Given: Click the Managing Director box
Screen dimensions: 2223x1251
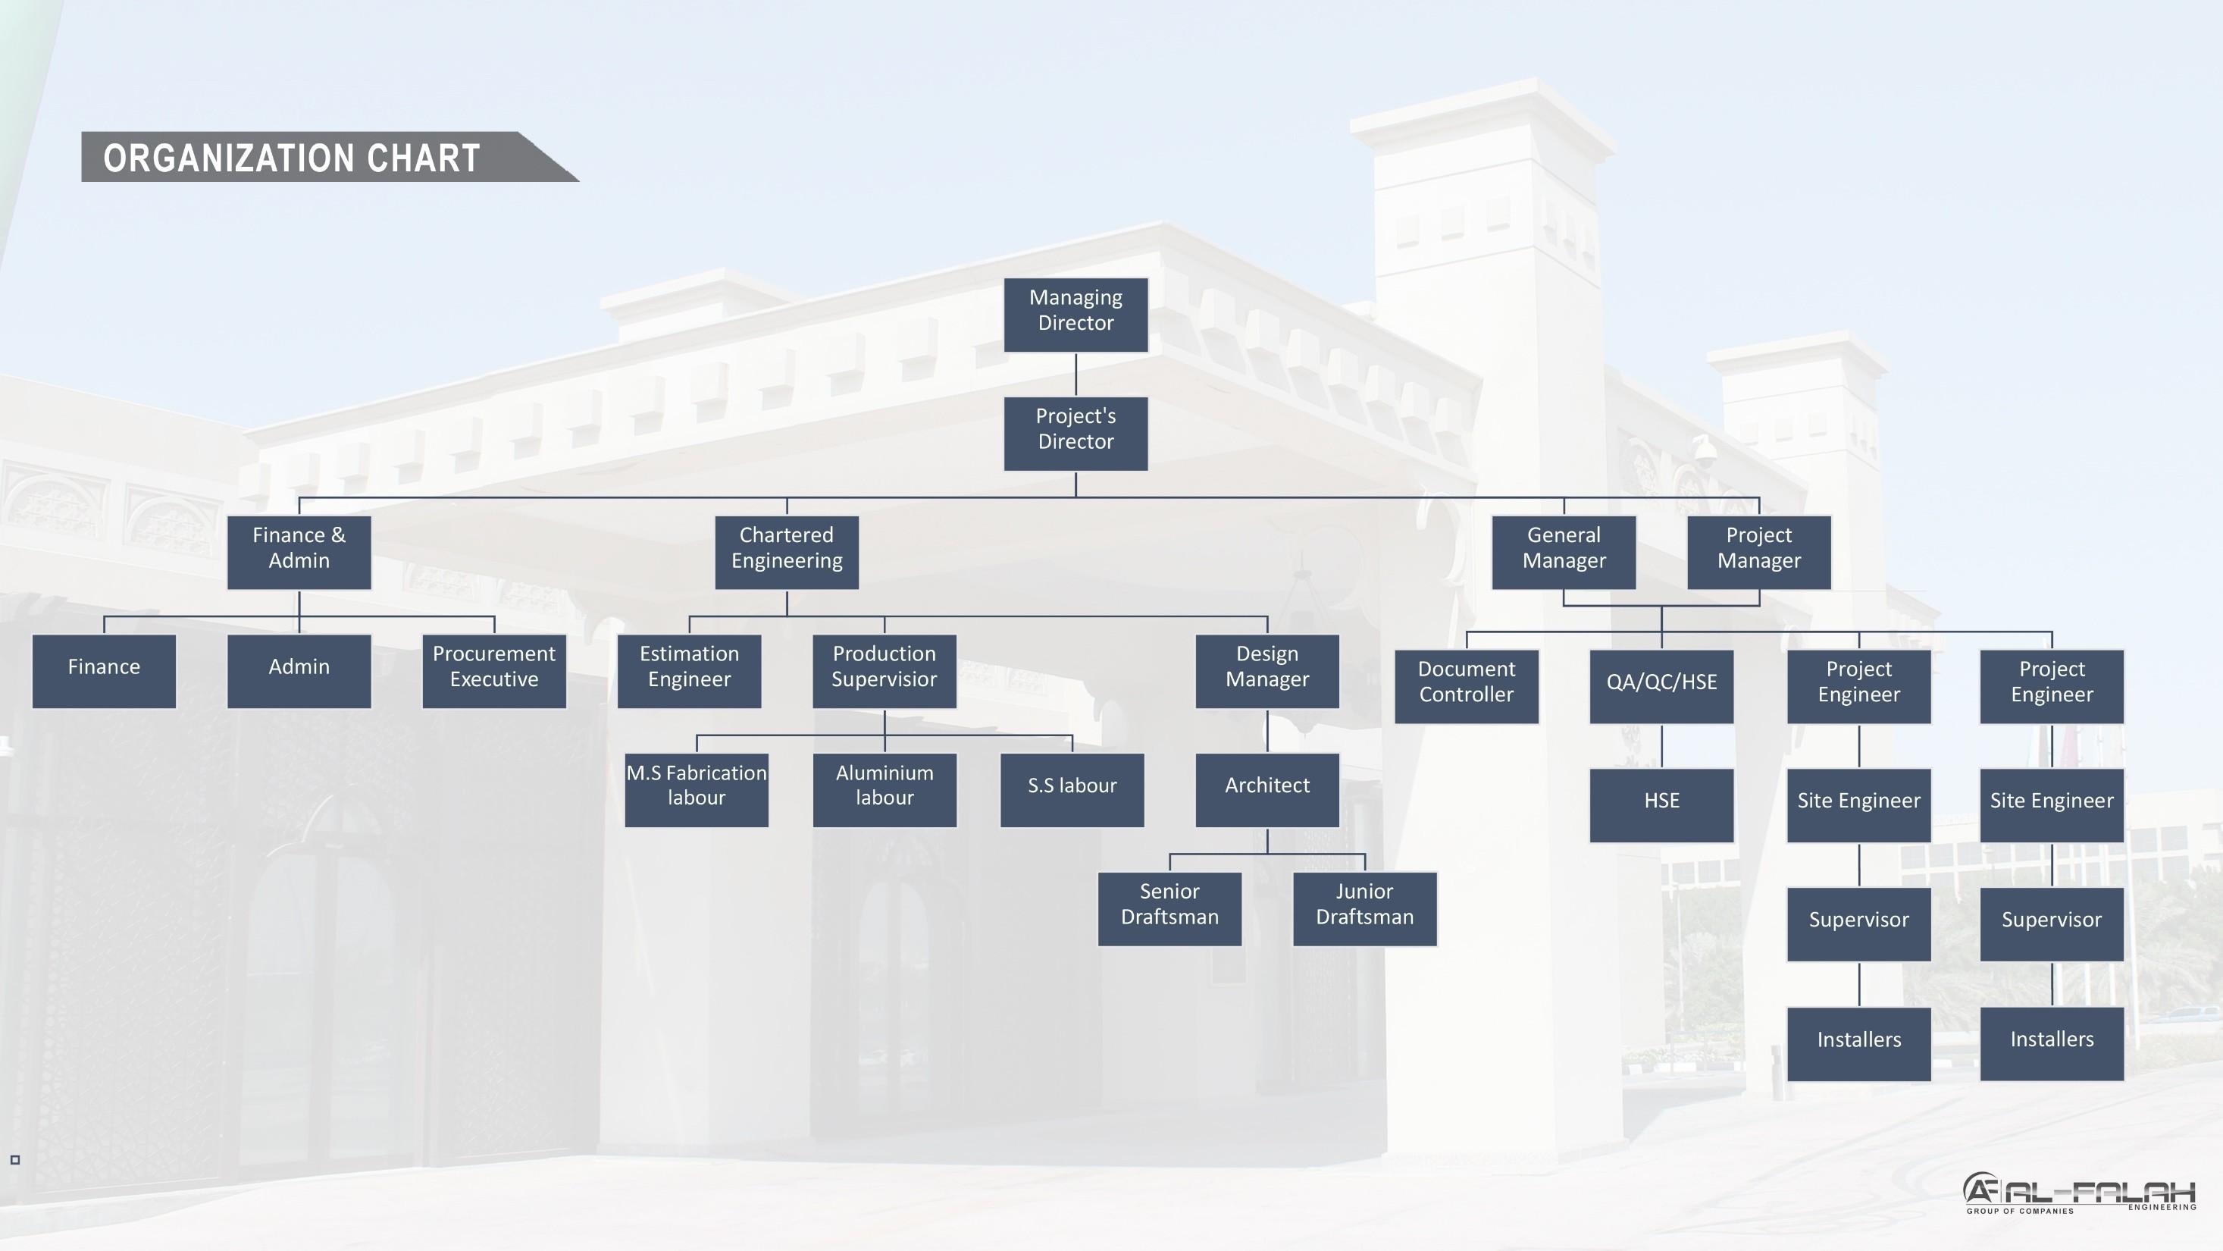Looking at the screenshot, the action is pyautogui.click(x=1075, y=314).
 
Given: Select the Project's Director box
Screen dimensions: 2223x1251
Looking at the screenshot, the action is pyautogui.click(x=1075, y=434).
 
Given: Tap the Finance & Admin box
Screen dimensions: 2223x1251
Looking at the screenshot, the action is pyautogui.click(x=299, y=553).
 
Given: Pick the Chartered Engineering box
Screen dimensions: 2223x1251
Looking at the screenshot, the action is pyautogui.click(x=786, y=553).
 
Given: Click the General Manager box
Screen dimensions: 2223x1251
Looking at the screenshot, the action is pyautogui.click(x=1564, y=553).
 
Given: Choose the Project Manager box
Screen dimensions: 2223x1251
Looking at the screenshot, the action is pyautogui.click(x=1758, y=553).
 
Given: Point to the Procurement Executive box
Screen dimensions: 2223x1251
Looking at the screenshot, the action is pyautogui.click(x=493, y=671).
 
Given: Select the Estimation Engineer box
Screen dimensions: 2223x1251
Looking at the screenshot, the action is pyautogui.click(x=689, y=671).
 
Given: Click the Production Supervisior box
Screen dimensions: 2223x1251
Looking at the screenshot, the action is pyautogui.click(x=884, y=671).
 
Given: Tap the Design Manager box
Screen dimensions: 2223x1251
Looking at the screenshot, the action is pyautogui.click(x=1266, y=671).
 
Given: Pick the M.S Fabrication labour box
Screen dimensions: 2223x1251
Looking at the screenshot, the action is pyautogui.click(x=697, y=790).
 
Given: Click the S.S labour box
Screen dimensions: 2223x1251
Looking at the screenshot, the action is pyautogui.click(x=1072, y=790).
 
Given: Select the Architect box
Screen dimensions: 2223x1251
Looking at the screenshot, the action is pyautogui.click(x=1266, y=790).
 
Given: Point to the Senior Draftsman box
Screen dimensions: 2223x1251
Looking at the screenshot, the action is pyautogui.click(x=1169, y=909).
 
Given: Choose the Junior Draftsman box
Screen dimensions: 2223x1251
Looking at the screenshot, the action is pyautogui.click(x=1364, y=909).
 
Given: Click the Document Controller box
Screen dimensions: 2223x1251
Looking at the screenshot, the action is pyautogui.click(x=1466, y=686).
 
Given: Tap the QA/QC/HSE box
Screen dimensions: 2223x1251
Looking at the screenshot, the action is pyautogui.click(x=1661, y=686).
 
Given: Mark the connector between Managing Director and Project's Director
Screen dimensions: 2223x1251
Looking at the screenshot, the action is pyautogui.click(x=1075, y=374).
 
